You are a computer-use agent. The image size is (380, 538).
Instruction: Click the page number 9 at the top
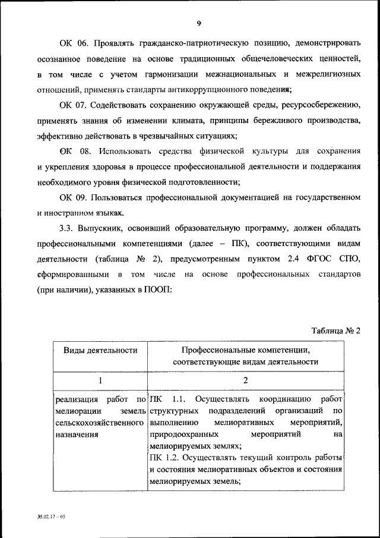199,23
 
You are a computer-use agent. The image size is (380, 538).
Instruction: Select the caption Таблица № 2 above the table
337,331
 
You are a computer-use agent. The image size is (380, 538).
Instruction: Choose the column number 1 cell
100,380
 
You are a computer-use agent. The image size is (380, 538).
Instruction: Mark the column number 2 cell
245,380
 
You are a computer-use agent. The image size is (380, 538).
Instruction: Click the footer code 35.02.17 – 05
50,517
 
